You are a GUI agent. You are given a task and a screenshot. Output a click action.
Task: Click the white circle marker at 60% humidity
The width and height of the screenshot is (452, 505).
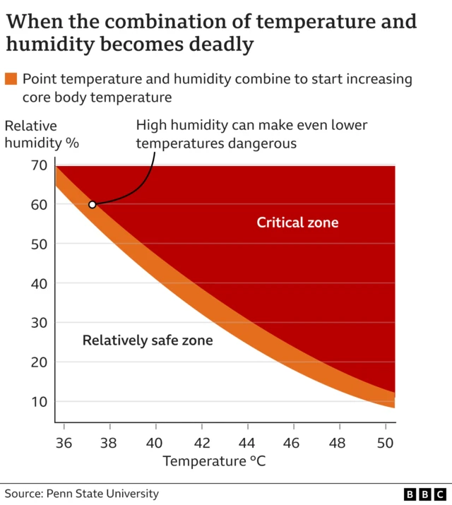[92, 205]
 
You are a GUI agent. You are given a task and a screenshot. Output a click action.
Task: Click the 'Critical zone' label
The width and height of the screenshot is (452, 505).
[297, 223]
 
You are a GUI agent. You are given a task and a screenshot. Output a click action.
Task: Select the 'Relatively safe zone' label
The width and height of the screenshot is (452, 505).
[148, 340]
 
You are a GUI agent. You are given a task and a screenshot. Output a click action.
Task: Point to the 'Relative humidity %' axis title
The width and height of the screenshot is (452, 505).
[42, 134]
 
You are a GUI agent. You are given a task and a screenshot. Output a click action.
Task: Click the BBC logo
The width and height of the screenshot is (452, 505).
[425, 494]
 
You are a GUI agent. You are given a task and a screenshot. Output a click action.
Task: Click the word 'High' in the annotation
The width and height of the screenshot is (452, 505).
[150, 126]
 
